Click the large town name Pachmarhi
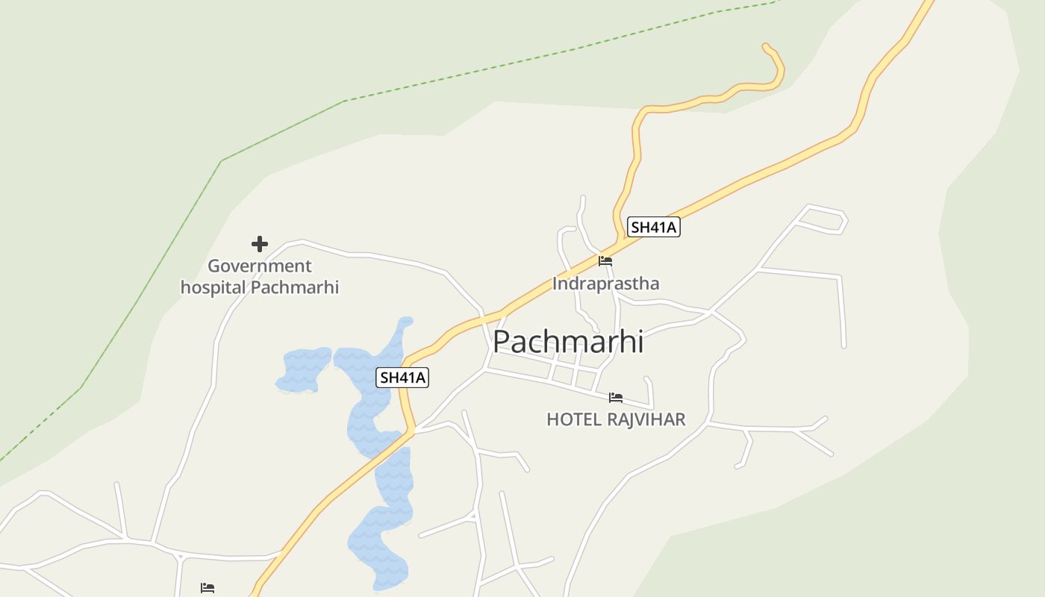click(x=567, y=342)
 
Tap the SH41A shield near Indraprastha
click(x=653, y=227)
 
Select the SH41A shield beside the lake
click(x=402, y=378)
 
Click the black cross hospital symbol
click(x=259, y=244)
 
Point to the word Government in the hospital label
click(x=259, y=266)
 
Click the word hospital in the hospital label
click(x=213, y=287)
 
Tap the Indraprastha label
click(x=605, y=284)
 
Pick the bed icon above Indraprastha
click(x=605, y=261)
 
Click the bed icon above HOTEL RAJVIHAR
click(x=616, y=398)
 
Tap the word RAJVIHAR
click(x=646, y=419)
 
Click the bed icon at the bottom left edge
click(x=208, y=588)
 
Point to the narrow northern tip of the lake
click(x=405, y=323)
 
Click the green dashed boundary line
click(x=284, y=128)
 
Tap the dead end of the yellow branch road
click(x=765, y=46)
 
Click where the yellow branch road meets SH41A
click(x=620, y=240)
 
